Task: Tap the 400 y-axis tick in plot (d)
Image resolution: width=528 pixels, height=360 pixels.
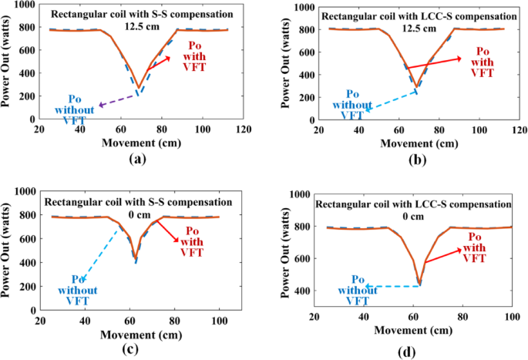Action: [299, 291]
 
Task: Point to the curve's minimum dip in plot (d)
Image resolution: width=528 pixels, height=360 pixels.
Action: [419, 283]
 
